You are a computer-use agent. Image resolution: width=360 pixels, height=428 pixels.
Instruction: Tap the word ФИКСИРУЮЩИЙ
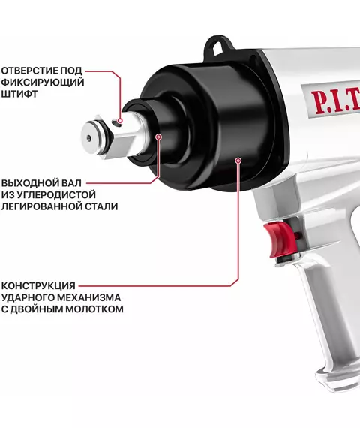pos(43,82)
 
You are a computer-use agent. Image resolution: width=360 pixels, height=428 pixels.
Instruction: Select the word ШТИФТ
pos(19,94)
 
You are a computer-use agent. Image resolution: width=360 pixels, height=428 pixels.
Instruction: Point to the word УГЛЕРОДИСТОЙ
pos(56,194)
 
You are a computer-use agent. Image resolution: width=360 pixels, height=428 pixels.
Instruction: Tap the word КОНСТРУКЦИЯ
pos(38,286)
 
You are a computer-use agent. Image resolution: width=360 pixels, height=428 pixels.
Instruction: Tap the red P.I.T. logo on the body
pos(336,101)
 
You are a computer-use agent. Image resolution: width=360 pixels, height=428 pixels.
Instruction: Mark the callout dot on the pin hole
pos(120,121)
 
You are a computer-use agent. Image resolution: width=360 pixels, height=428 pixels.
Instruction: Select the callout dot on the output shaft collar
pos(159,137)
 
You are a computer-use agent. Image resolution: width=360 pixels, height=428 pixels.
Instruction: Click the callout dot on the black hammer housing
pos(238,161)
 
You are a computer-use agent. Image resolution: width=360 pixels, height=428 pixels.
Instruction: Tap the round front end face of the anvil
pos(89,138)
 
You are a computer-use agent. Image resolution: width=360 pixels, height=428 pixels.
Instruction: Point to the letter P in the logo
pos(318,102)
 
